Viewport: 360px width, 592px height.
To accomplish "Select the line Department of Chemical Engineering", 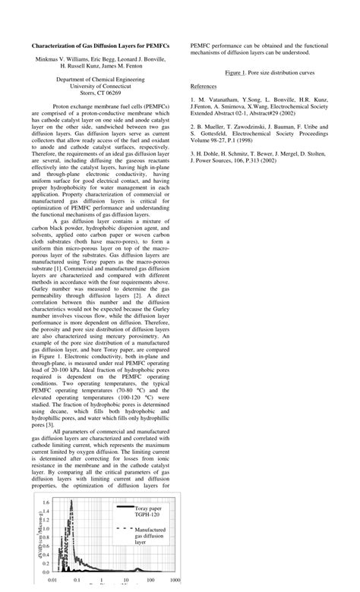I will pyautogui.click(x=100, y=78).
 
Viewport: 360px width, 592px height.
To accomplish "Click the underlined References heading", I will pyautogui.click(x=204, y=87).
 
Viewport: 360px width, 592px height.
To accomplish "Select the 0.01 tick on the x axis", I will pyautogui.click(x=52, y=581).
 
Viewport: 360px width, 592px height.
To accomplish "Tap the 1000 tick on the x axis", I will pyautogui.click(x=175, y=581).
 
